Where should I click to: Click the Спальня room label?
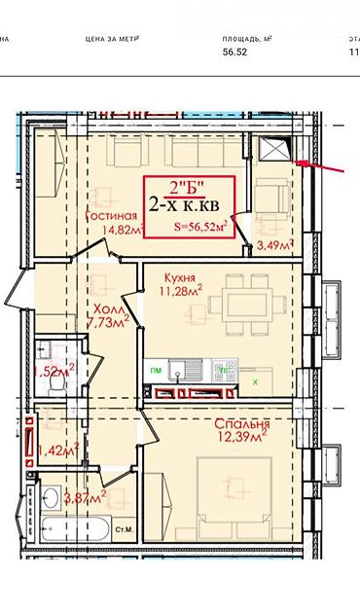(243, 425)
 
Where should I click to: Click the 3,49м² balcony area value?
(274, 245)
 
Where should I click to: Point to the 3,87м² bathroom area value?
(83, 497)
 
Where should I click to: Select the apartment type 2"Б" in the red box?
(189, 187)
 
